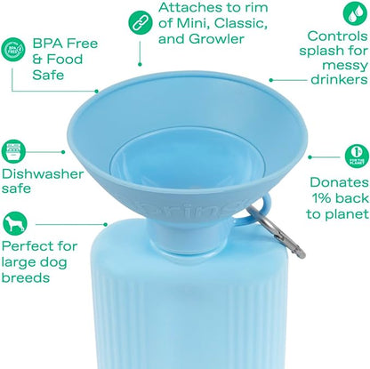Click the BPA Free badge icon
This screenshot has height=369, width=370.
pyautogui.click(x=12, y=49)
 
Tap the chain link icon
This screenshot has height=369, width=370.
pyautogui.click(x=141, y=21)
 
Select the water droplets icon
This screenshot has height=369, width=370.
pyautogui.click(x=356, y=12)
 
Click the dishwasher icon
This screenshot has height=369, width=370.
pyautogui.click(x=13, y=151)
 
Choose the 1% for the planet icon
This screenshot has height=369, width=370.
pyautogui.click(x=357, y=156)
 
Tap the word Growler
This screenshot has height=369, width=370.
pyautogui.click(x=216, y=39)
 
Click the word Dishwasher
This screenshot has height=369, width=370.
pyautogui.click(x=43, y=174)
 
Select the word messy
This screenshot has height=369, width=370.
pyautogui.click(x=345, y=66)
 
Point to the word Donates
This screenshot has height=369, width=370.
pyautogui.click(x=339, y=182)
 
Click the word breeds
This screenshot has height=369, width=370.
pyautogui.click(x=26, y=277)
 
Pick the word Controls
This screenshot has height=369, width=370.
pyautogui.click(x=338, y=36)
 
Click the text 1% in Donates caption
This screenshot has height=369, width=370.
pyautogui.click(x=322, y=198)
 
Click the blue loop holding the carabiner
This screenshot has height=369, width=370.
pyautogui.click(x=261, y=210)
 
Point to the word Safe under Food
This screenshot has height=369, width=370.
pyautogui.click(x=48, y=75)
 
